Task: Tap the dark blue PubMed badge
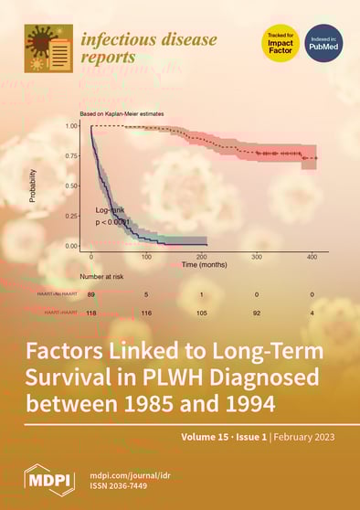pyautogui.click(x=324, y=43)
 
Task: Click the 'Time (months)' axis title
pyautogui.click(x=202, y=264)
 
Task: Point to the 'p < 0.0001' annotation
pyautogui.click(x=114, y=222)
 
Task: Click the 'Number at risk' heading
pyautogui.click(x=104, y=275)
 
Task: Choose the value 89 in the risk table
pyautogui.click(x=91, y=295)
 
